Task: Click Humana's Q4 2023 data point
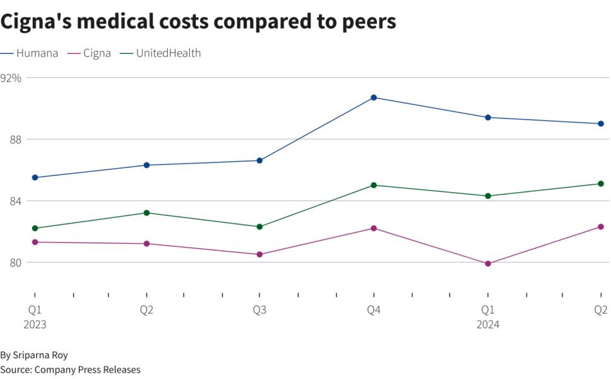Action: pos(374,97)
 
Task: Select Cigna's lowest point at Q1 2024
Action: pos(488,263)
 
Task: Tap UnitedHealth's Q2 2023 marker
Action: pos(146,213)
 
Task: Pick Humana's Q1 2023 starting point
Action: pos(35,177)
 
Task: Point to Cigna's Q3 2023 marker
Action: pos(259,255)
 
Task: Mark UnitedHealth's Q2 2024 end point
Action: pos(601,184)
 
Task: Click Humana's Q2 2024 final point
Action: pos(601,124)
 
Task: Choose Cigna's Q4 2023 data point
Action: pos(374,228)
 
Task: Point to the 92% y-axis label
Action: pos(11,78)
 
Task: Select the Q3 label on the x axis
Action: pos(259,310)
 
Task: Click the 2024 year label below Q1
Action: pos(488,325)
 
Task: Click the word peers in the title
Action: pos(367,21)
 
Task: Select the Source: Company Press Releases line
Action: pos(70,370)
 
